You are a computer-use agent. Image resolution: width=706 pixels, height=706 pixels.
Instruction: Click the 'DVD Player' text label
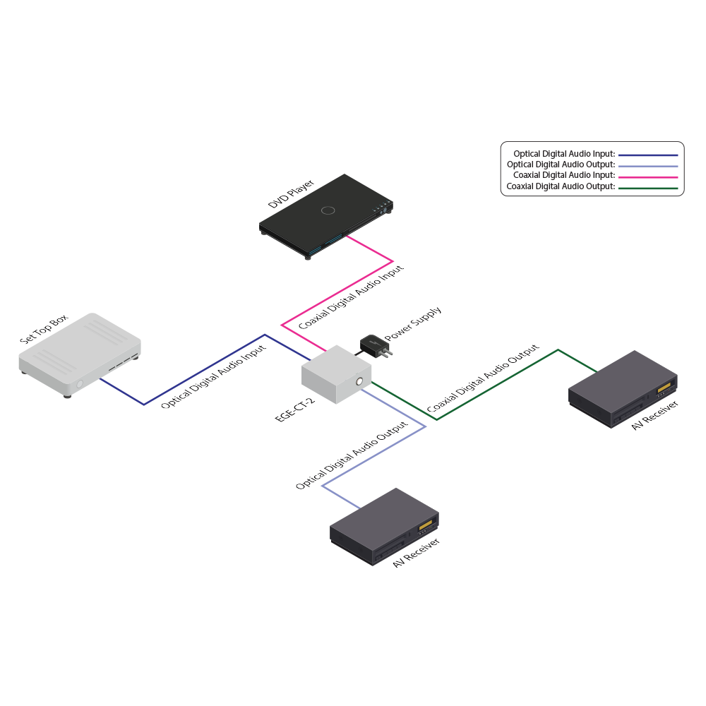[x=291, y=194]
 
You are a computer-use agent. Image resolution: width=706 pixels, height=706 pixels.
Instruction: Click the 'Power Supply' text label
[x=414, y=324]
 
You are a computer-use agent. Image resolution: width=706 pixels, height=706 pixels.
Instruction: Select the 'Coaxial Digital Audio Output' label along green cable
[x=483, y=379]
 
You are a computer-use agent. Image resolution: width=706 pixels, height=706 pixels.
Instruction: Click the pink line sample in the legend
[x=647, y=176]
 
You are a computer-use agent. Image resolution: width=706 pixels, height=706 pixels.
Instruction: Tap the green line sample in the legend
[x=647, y=187]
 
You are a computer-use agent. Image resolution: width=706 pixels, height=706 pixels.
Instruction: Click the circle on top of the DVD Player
[x=328, y=210]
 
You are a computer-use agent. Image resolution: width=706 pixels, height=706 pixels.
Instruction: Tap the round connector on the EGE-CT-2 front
[x=361, y=383]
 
